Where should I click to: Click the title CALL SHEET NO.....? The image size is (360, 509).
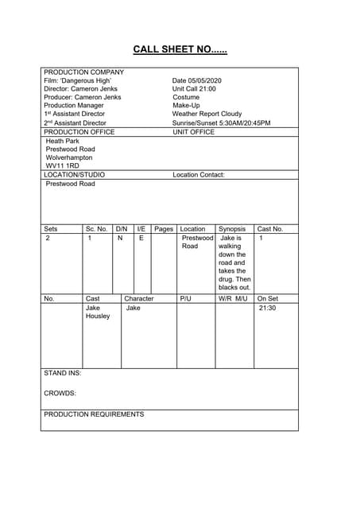pos(180,49)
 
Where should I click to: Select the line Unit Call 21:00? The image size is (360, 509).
pos(193,89)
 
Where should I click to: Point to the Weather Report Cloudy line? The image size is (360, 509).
pos(207,115)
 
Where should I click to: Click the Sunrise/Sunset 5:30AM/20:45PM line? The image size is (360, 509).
pos(221,123)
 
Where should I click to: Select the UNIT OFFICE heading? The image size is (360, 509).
pos(194,132)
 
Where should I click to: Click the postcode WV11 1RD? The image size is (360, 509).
pos(63,166)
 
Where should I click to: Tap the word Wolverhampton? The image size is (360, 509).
pos(69,157)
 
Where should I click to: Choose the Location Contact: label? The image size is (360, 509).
pos(199,175)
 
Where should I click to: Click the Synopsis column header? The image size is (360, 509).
pos(232,229)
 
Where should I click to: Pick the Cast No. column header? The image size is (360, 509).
pos(270,229)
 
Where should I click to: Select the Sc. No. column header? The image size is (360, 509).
pos(96,229)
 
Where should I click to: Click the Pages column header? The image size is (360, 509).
pos(163,229)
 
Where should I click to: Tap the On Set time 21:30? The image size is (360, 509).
pos(267,308)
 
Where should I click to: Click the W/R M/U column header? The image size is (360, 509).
pos(234,299)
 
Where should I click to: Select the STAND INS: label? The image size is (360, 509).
pos(62,373)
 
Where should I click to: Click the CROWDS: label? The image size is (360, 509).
pos(60,393)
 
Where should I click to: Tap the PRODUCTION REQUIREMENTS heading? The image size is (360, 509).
pos(94,414)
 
